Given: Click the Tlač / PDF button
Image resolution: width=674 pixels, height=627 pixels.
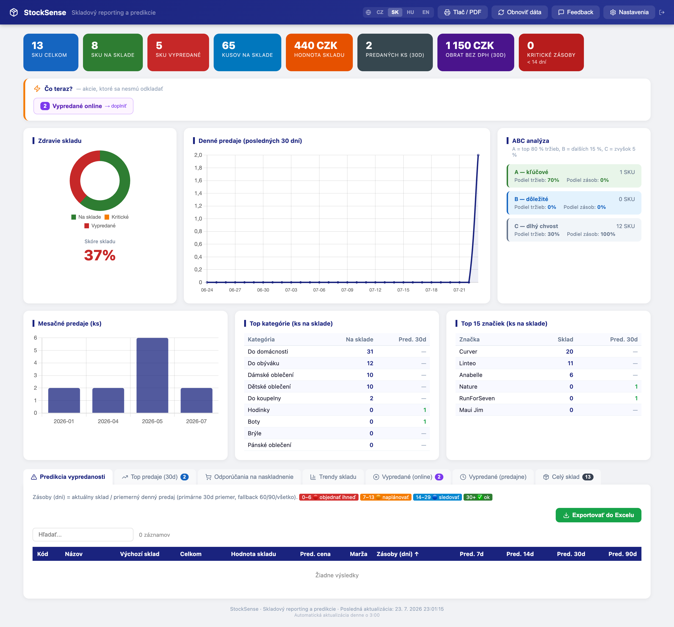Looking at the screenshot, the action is click(462, 12).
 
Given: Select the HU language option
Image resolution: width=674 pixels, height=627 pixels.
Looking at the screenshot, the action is click(410, 12).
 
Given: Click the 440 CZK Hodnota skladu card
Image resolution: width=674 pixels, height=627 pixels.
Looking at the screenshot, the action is click(319, 52).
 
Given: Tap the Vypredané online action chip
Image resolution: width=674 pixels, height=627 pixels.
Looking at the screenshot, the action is click(83, 106).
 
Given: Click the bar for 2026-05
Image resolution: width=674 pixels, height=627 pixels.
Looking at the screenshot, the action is click(152, 375).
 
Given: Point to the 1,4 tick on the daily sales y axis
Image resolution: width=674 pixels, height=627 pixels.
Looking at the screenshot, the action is click(198, 193).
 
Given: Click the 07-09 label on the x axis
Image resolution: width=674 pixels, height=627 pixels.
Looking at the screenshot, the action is click(347, 290).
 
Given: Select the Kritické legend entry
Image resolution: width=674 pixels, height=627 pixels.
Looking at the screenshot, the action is click(117, 217).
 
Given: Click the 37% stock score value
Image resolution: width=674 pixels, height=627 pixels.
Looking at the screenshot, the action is click(100, 255).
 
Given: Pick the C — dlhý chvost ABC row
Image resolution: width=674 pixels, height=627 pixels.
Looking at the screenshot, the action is click(574, 230).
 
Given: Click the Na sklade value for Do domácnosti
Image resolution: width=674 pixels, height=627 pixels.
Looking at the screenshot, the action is click(370, 352).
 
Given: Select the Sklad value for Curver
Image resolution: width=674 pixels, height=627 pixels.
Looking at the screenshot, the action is click(570, 352).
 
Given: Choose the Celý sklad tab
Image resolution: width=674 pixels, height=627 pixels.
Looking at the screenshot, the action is click(568, 477).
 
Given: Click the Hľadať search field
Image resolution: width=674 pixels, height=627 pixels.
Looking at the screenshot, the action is click(83, 534).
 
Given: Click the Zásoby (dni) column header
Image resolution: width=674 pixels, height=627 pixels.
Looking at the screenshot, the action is click(397, 554).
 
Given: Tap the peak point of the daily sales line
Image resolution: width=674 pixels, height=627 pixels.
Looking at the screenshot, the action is click(478, 155).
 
